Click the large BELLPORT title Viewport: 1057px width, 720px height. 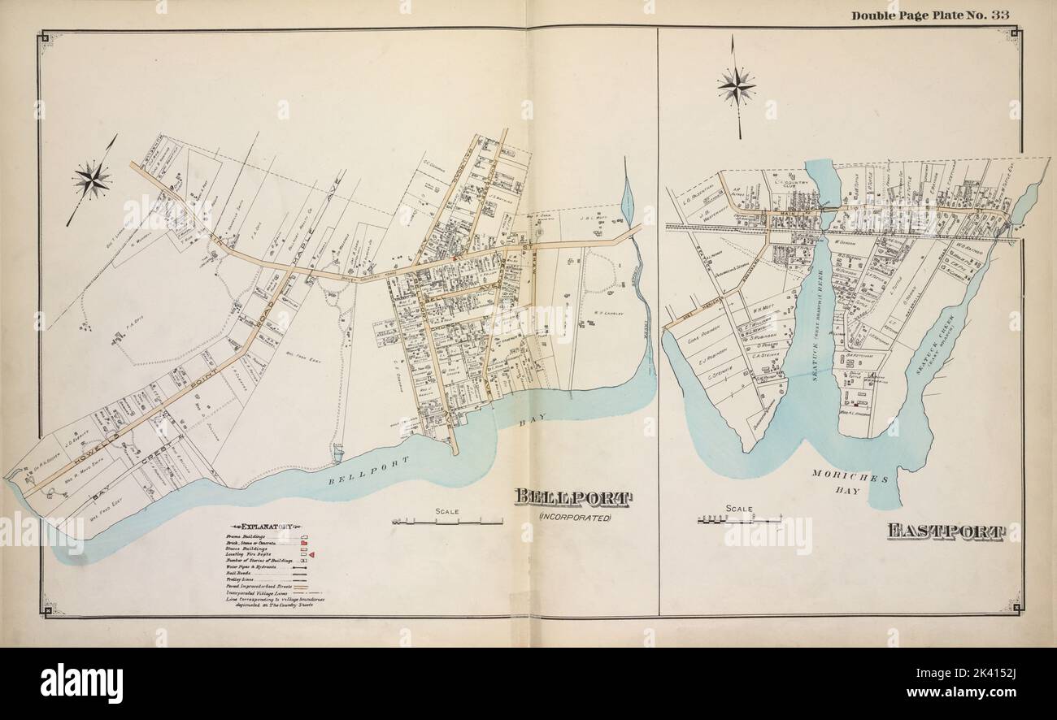(x=574, y=498)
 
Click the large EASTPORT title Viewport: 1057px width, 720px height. (x=945, y=532)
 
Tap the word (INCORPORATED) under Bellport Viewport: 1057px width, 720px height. (x=574, y=518)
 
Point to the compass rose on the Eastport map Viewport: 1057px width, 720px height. (x=736, y=85)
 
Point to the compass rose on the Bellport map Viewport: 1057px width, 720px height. (x=91, y=180)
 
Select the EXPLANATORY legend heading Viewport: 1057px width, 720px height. (x=255, y=527)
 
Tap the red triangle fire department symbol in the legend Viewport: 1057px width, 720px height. (x=311, y=554)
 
